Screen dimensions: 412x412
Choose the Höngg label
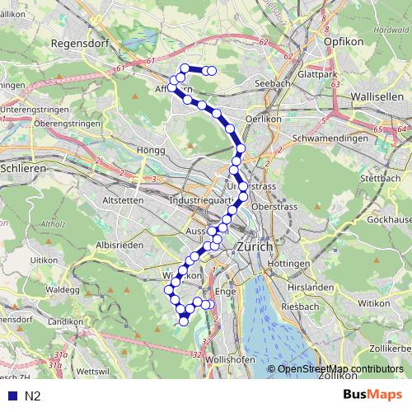tap(154, 151)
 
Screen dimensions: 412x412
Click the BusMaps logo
tap(372, 396)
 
